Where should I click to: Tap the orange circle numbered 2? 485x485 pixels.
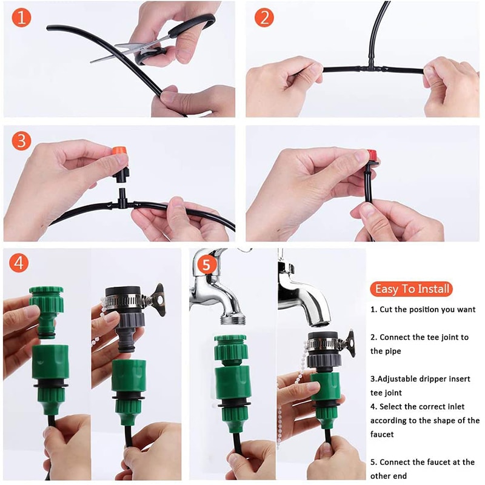[x=264, y=18]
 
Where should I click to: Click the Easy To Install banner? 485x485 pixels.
[x=412, y=289]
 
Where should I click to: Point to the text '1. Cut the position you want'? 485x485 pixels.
[x=423, y=309]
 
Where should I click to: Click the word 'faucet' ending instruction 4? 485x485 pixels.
[x=382, y=434]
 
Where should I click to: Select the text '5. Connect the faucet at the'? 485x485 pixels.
[x=423, y=462]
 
